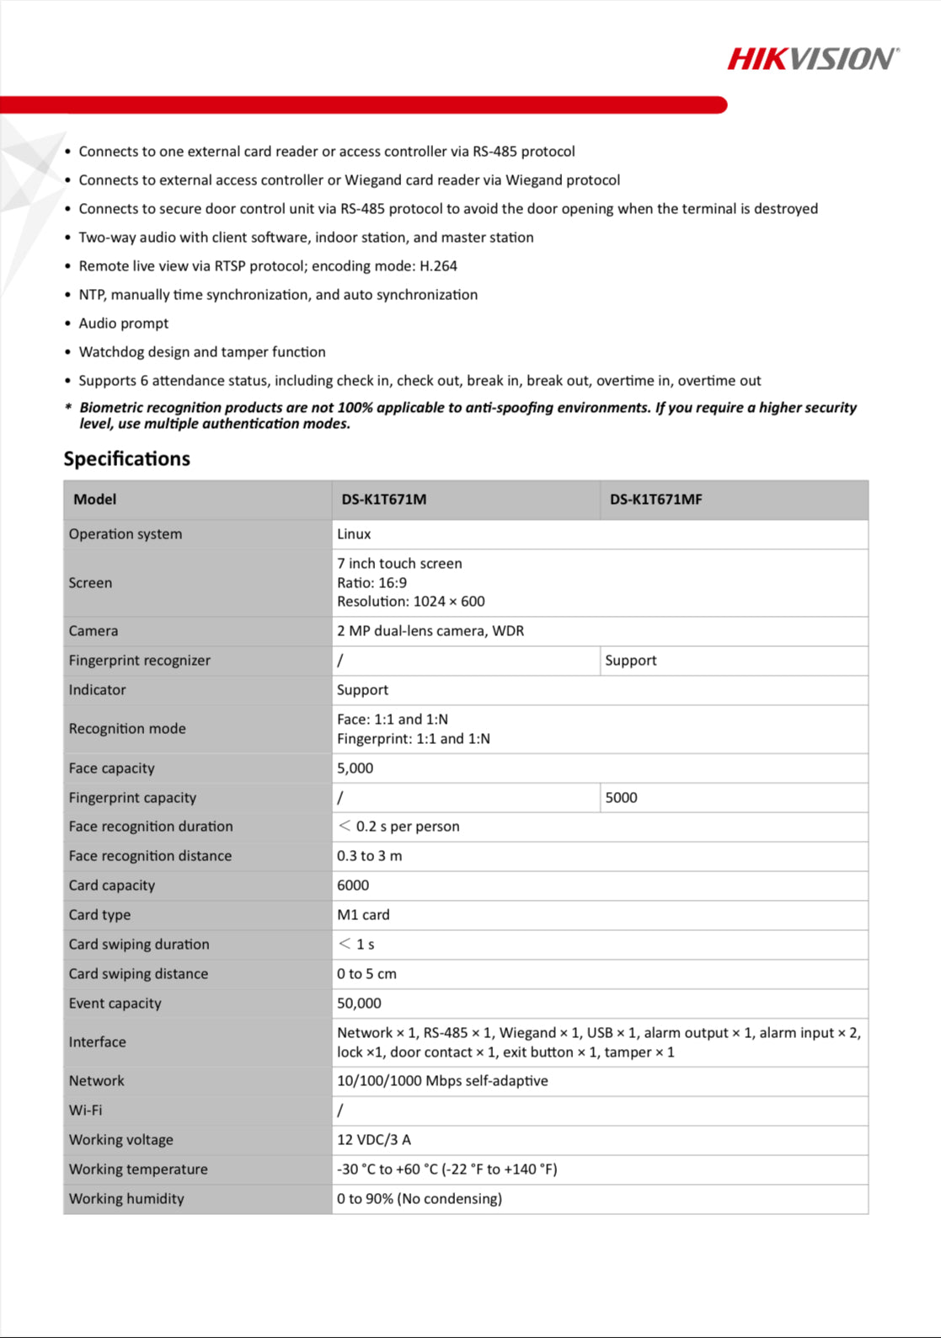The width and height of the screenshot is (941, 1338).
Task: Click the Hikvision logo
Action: pyautogui.click(x=813, y=59)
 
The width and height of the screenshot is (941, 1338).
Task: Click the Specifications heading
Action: pyautogui.click(x=127, y=459)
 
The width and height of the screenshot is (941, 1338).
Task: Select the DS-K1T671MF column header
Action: pyautogui.click(x=655, y=500)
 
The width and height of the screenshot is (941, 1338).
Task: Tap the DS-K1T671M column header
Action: pyautogui.click(x=383, y=500)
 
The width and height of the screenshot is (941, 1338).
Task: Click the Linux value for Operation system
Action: pyautogui.click(x=354, y=534)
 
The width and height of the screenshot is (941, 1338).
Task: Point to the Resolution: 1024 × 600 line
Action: pyautogui.click(x=410, y=602)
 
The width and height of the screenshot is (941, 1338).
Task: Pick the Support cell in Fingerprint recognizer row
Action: pyautogui.click(x=630, y=661)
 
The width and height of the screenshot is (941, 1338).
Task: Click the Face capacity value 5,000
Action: pyautogui.click(x=355, y=768)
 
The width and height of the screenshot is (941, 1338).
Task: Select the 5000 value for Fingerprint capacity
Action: pyautogui.click(x=621, y=798)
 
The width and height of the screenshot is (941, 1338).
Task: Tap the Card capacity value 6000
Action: pyautogui.click(x=353, y=886)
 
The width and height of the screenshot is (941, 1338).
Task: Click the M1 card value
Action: pyautogui.click(x=363, y=915)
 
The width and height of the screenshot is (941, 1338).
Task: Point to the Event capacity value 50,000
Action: pyautogui.click(x=359, y=1003)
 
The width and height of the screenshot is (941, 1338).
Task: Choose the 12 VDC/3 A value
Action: pyautogui.click(x=374, y=1140)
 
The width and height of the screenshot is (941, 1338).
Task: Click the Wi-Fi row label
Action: pyautogui.click(x=86, y=1111)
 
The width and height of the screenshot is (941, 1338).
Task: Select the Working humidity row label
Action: pyautogui.click(x=126, y=1199)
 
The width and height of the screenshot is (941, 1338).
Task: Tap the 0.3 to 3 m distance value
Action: pyautogui.click(x=369, y=856)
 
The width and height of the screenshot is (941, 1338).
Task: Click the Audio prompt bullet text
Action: pyautogui.click(x=124, y=324)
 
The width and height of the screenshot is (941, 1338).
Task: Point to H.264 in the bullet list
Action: pyautogui.click(x=438, y=266)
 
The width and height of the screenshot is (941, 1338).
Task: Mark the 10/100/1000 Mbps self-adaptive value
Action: pyautogui.click(x=442, y=1081)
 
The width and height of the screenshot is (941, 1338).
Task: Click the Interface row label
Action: pyautogui.click(x=98, y=1042)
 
